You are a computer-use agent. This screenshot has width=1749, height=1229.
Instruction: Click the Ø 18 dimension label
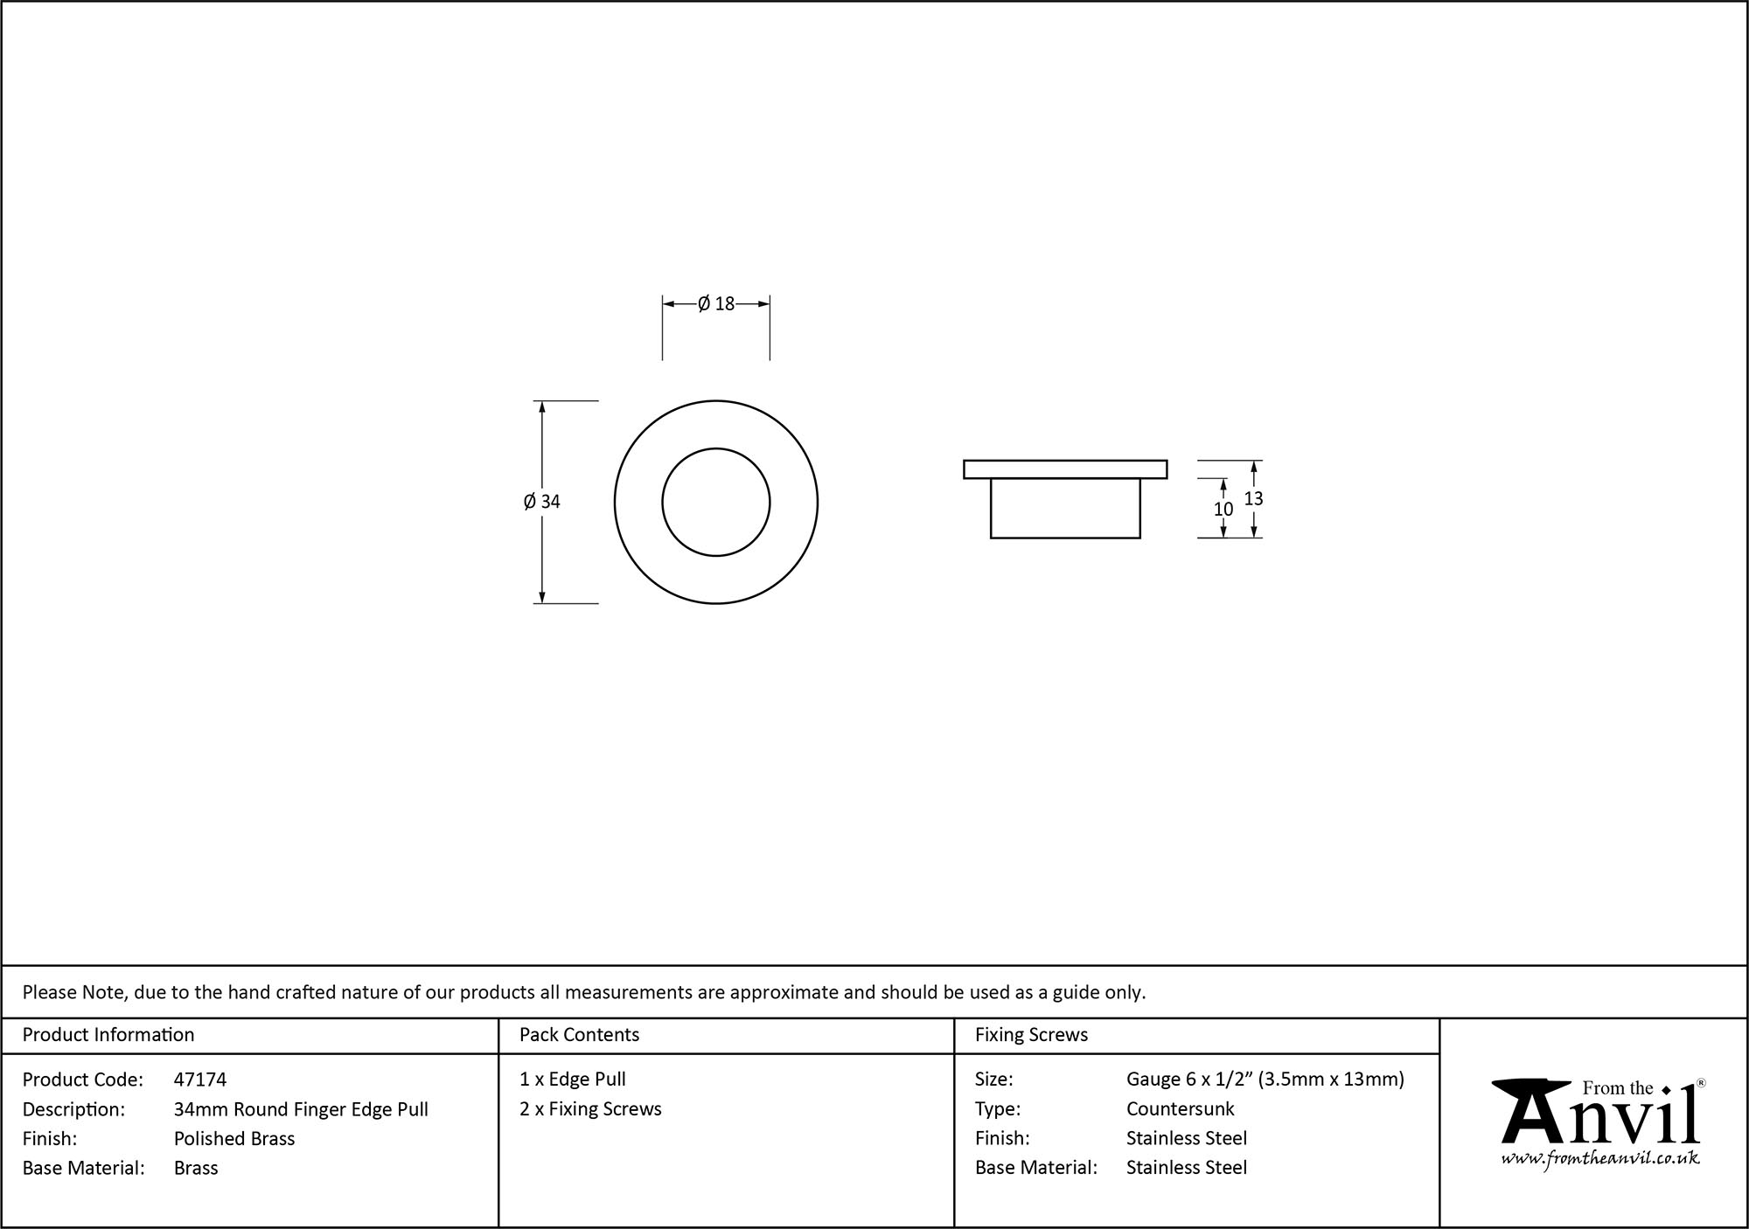(x=716, y=304)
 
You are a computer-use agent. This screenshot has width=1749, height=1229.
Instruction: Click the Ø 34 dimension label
(x=542, y=502)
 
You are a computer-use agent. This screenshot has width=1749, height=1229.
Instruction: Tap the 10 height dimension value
(x=1223, y=509)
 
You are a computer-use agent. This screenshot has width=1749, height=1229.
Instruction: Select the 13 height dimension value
(x=1253, y=499)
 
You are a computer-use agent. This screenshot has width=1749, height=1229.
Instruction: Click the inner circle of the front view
(x=715, y=502)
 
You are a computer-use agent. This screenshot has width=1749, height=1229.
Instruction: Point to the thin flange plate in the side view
(x=1065, y=469)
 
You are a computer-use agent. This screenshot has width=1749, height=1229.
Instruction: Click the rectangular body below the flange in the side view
(x=1065, y=508)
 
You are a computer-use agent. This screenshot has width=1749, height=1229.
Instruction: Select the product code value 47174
(x=200, y=1080)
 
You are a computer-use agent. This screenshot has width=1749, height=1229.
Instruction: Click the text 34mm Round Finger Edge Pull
(x=301, y=1109)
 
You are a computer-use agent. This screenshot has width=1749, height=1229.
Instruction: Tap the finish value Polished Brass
(x=234, y=1138)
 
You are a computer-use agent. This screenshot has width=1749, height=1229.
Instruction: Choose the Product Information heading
(x=108, y=1035)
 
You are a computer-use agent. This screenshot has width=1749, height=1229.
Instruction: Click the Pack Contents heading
(x=579, y=1035)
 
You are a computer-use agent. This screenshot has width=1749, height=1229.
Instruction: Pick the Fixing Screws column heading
(x=1031, y=1035)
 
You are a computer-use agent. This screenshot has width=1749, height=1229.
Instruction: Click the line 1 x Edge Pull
(x=573, y=1080)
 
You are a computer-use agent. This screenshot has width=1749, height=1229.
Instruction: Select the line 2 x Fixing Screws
(x=590, y=1109)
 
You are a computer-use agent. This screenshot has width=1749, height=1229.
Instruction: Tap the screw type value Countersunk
(x=1180, y=1109)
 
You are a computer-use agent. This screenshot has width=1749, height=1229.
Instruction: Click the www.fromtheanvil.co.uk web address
(x=1600, y=1159)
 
